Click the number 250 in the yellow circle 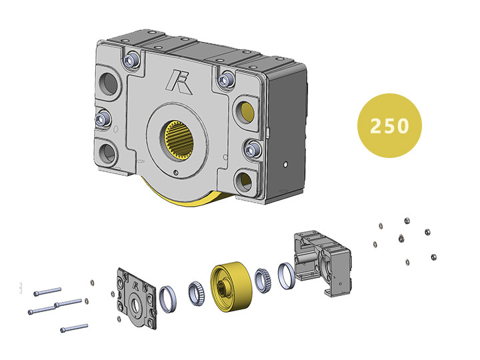(389, 125)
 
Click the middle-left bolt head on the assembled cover (102, 119)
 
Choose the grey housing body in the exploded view (323, 261)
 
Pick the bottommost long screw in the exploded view (73, 327)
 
